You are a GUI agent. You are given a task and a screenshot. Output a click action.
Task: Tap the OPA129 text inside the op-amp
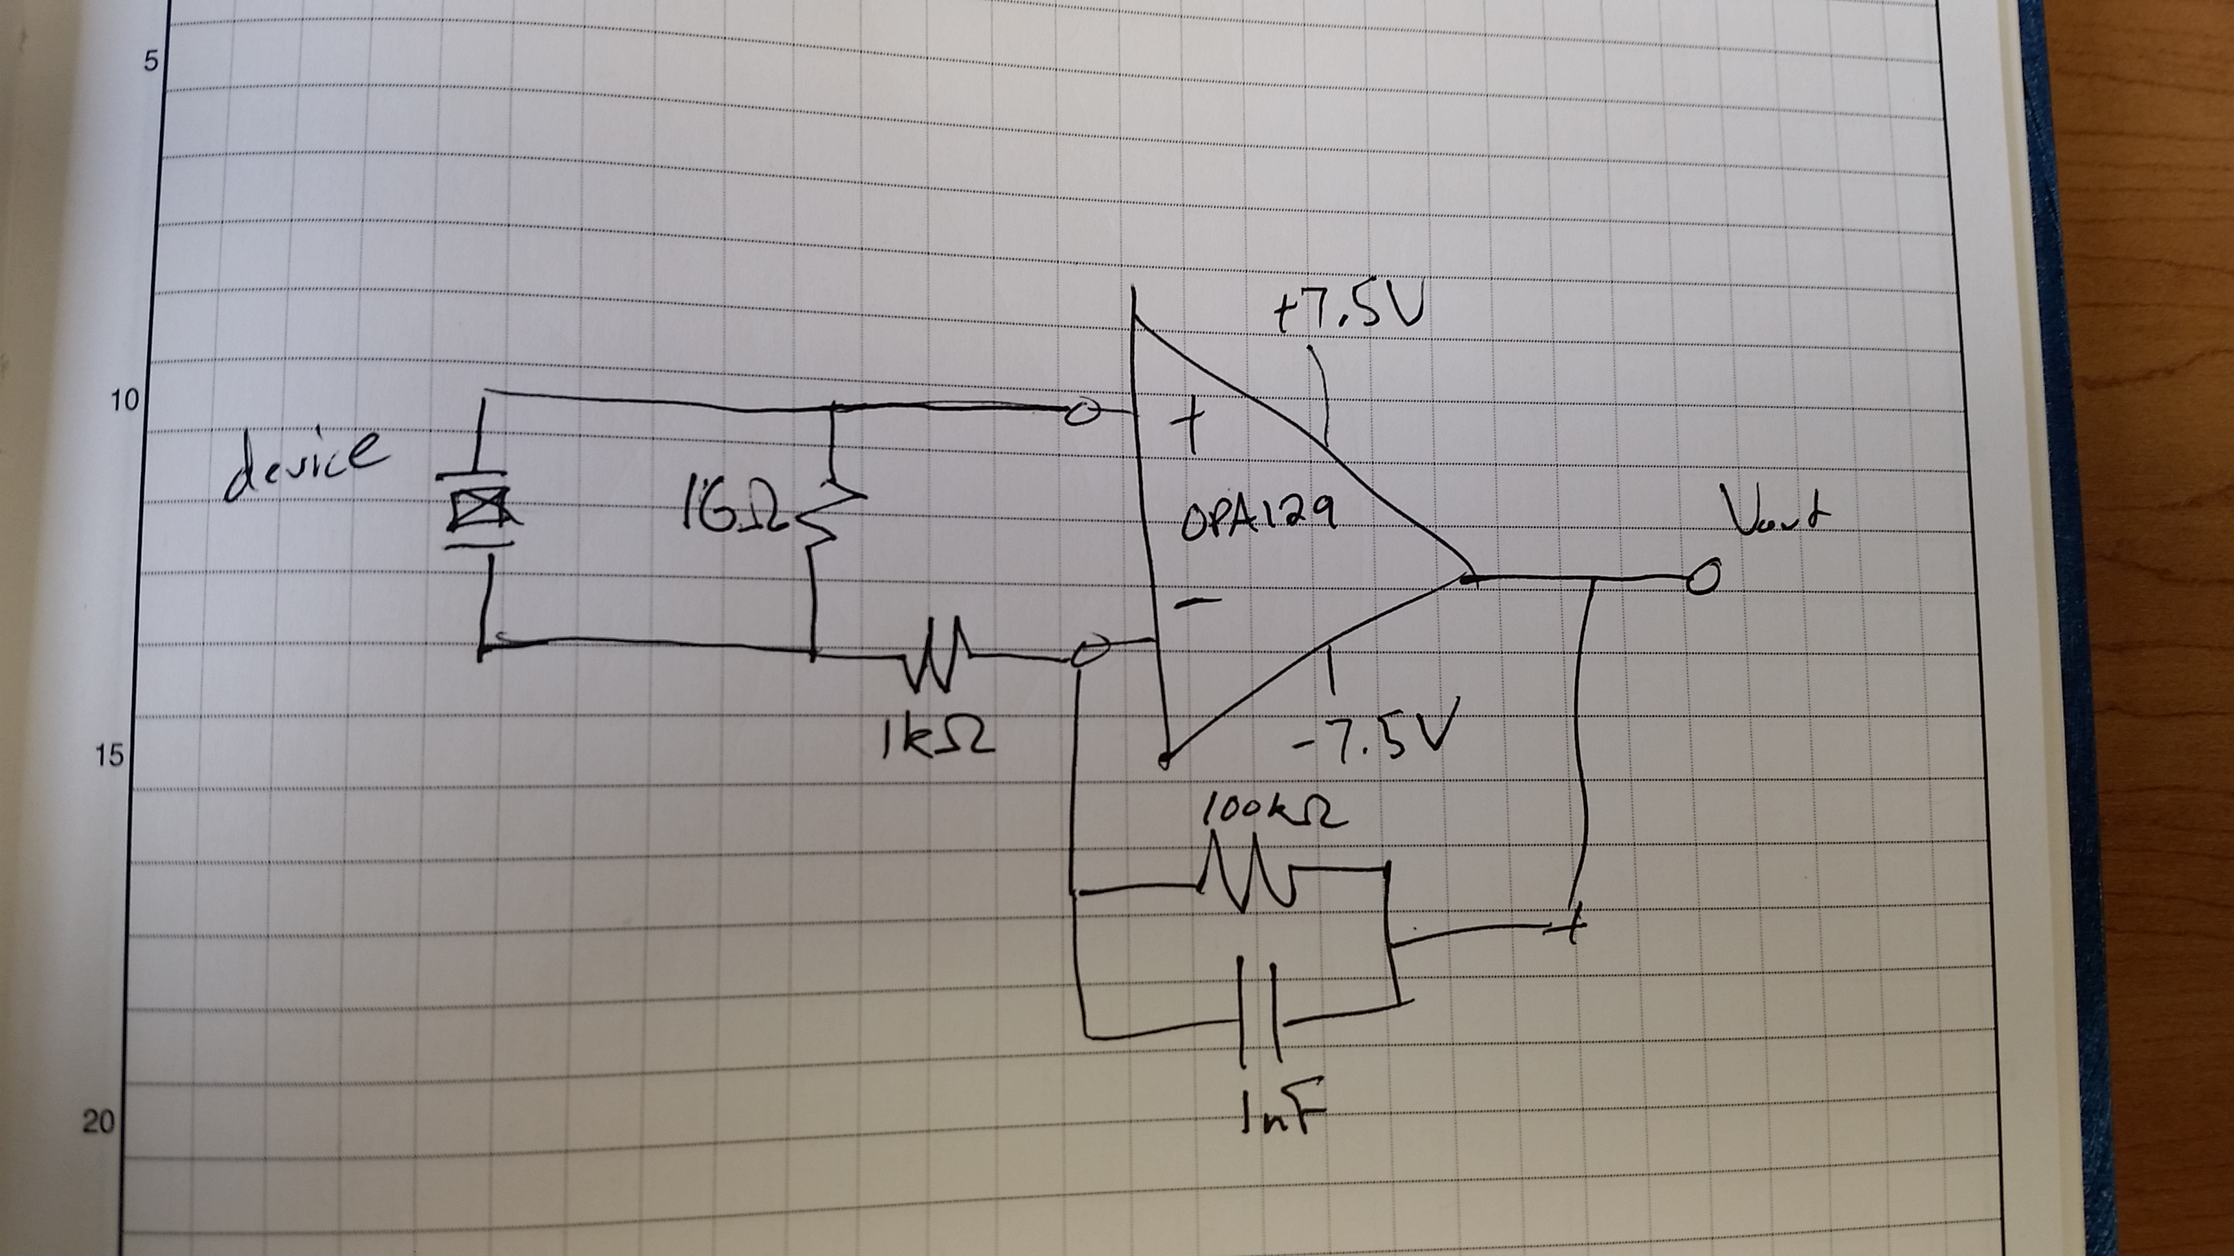pyautogui.click(x=1257, y=520)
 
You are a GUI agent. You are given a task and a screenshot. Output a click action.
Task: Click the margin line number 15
pyautogui.click(x=110, y=756)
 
